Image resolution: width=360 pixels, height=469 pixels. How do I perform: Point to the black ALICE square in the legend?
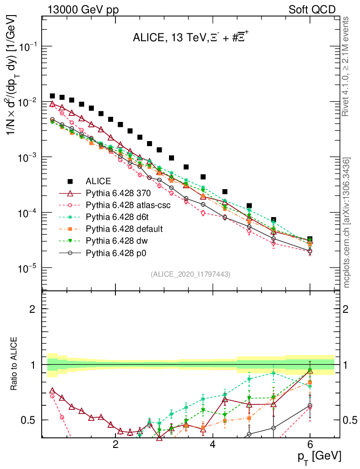71,181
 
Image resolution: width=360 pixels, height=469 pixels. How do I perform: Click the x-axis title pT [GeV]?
318,456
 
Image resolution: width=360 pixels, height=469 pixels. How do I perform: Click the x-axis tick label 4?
213,444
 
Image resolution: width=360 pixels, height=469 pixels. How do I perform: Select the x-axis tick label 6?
310,444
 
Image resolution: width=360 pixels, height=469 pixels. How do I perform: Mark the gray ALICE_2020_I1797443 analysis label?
190,274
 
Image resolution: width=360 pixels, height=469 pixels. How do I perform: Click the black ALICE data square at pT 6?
310,240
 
